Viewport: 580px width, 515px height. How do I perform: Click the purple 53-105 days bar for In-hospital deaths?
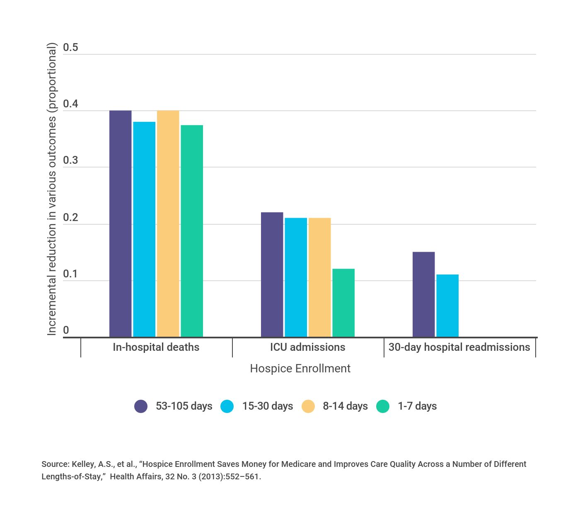pos(120,224)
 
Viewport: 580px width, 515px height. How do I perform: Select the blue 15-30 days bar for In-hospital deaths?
pos(144,229)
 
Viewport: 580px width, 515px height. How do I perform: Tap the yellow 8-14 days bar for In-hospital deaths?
pos(168,224)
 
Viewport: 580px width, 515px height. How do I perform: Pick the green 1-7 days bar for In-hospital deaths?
pos(192,231)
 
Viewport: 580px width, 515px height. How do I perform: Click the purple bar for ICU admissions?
pos(272,275)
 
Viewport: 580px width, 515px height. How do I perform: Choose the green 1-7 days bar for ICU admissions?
pos(343,303)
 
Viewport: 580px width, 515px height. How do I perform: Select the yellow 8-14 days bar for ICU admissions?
pos(319,277)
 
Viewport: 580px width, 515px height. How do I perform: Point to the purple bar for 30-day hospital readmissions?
pos(423,294)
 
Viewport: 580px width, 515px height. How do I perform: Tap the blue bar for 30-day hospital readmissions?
pos(447,306)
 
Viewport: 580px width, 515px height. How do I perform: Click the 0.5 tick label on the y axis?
pos(70,48)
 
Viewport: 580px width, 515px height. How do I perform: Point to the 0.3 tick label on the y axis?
pos(70,160)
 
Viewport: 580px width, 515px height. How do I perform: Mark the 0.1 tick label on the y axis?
pos(70,274)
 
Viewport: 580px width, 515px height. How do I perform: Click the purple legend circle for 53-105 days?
pos(141,406)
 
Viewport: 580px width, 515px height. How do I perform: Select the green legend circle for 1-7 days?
pos(383,406)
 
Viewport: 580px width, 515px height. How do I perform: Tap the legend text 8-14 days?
pos(345,406)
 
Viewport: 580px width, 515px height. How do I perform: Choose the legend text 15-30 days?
pos(268,406)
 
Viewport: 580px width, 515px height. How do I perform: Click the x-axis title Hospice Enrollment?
pos(300,369)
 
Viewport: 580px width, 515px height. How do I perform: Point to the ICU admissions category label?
pos(307,347)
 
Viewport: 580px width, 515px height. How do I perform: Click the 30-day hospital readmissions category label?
pos(459,347)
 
